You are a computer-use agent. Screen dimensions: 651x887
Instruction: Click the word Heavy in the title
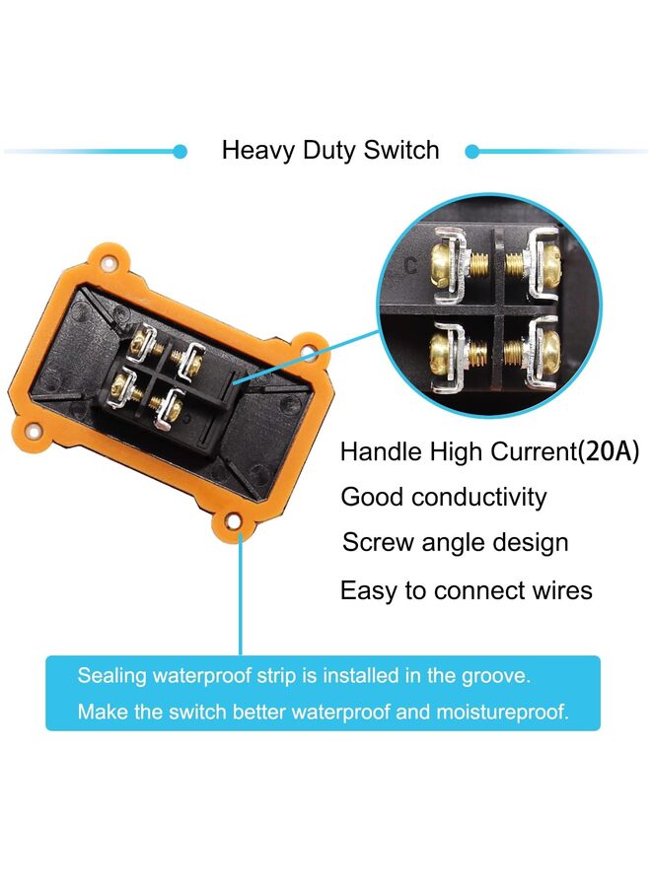point(258,151)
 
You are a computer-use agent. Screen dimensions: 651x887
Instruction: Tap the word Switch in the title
point(401,150)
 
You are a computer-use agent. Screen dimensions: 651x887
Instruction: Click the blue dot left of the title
point(181,152)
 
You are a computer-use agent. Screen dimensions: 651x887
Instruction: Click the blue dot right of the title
point(472,152)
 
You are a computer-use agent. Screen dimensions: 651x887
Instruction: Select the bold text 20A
point(608,451)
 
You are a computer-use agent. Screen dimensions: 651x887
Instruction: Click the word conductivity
point(479,497)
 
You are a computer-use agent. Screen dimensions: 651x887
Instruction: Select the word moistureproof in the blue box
point(502,712)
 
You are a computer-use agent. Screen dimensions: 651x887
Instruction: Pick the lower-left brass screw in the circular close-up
point(446,352)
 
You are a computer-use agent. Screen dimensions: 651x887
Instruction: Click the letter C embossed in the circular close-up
point(411,265)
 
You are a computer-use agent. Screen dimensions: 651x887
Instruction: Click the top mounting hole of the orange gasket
point(107,263)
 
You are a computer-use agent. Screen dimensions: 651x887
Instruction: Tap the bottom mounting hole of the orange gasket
point(233,520)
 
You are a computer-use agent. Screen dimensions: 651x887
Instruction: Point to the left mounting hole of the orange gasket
point(34,433)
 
